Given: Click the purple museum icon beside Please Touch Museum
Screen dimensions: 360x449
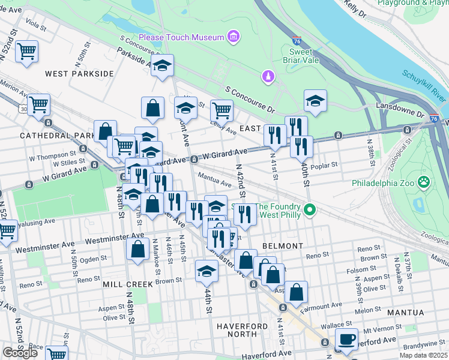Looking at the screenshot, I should coord(234,37).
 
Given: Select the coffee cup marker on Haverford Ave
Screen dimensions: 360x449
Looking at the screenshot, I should coord(346,338).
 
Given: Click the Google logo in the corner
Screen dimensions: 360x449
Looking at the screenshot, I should coord(20,353).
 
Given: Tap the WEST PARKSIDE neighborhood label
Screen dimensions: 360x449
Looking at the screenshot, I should coord(79,74).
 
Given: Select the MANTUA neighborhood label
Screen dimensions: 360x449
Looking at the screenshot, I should coord(406,313).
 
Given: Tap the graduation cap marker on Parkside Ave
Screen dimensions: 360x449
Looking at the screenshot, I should coord(162,65).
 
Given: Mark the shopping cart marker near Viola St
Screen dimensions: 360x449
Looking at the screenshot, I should coord(26,52).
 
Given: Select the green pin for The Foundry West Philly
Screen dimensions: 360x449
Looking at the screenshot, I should coord(310,210).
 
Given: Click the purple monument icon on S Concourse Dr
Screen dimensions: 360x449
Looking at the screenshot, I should coord(268,76).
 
